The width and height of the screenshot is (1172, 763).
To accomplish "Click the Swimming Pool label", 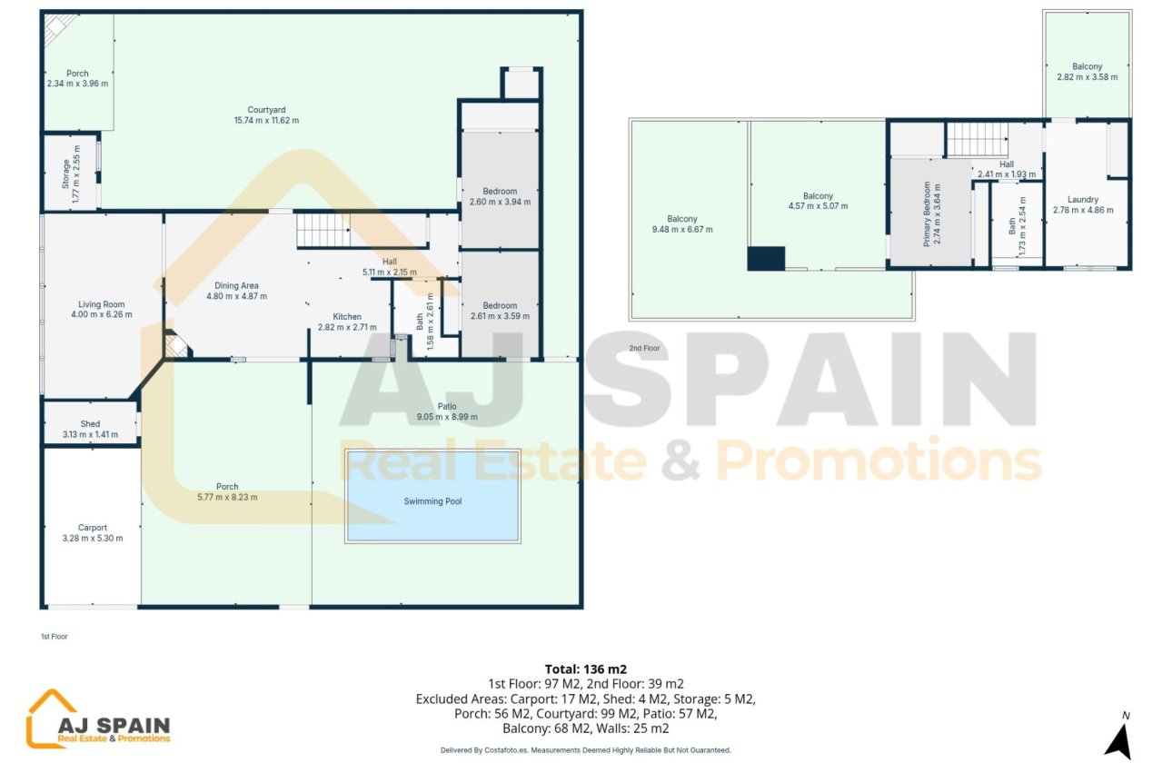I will point(432,501).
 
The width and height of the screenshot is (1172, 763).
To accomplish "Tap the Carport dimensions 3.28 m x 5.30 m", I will point(92,539).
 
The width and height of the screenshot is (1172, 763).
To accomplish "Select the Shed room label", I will point(90,424).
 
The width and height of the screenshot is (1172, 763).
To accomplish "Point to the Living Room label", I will point(101,305).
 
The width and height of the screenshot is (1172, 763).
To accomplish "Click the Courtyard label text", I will point(266,110).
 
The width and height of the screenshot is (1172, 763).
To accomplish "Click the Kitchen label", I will point(346,317).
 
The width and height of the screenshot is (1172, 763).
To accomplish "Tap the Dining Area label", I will point(236,285).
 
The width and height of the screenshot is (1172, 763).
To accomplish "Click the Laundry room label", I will point(1083,200).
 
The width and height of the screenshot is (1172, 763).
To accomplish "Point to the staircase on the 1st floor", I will point(323,230).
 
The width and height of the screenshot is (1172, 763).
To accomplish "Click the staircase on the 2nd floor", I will point(978,140).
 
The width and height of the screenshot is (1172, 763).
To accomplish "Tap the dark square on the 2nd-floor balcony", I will point(766,259).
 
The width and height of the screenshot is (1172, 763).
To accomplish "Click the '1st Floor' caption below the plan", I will point(54,637).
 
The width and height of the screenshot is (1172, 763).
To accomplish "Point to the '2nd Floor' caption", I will point(644,348).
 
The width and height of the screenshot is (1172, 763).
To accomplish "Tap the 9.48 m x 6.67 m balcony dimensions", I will point(682,230).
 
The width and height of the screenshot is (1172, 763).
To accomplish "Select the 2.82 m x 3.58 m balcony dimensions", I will point(1087,78).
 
